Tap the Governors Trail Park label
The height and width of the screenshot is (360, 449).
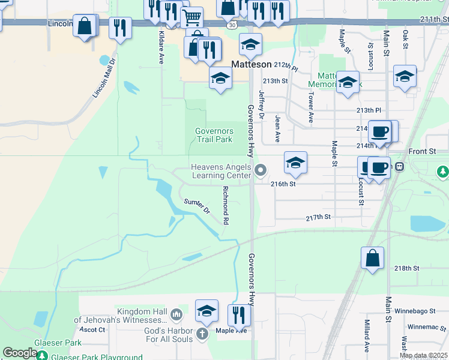(214, 136)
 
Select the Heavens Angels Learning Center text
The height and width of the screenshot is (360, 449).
(220, 171)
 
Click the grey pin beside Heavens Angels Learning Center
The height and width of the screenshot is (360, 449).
(261, 172)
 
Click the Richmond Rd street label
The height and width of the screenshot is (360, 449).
(226, 205)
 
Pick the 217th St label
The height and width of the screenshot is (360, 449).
(318, 218)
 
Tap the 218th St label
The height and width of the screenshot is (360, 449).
(406, 268)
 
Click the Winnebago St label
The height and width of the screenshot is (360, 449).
(415, 311)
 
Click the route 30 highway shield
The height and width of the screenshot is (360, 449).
(231, 25)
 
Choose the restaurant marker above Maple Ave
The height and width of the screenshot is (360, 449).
(239, 315)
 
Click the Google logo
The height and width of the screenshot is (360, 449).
(20, 353)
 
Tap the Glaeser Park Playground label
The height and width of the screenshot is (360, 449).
(97, 356)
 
